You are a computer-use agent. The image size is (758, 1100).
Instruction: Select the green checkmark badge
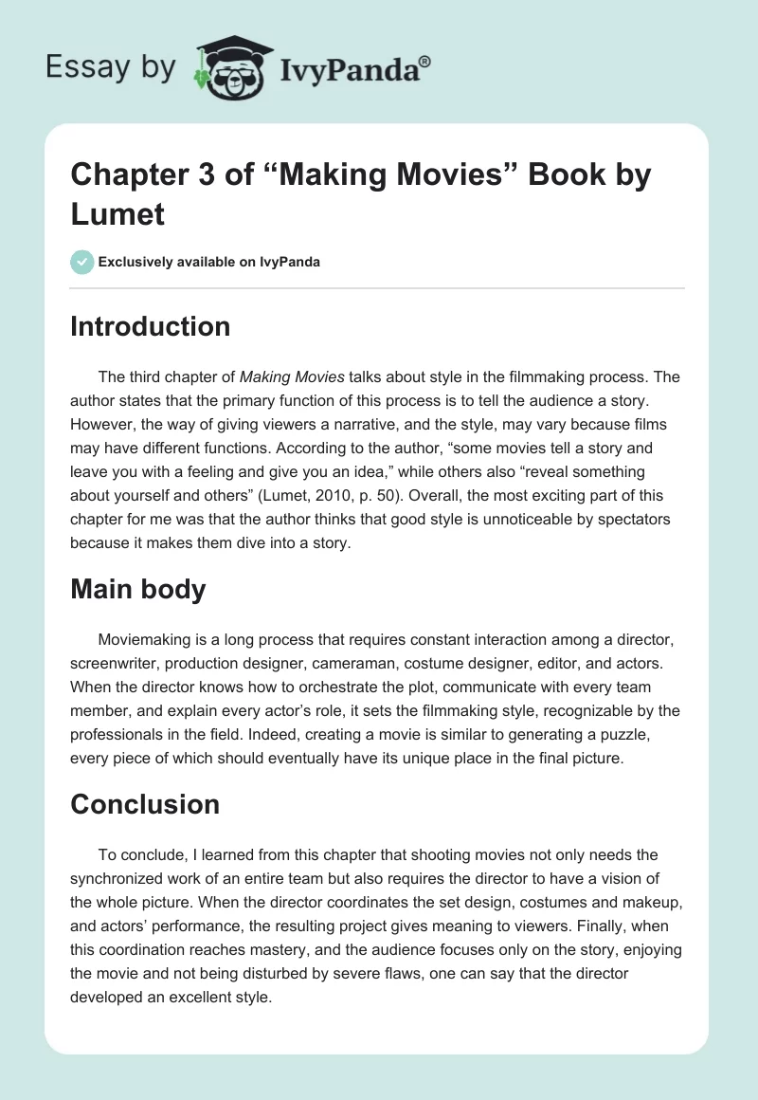click(82, 262)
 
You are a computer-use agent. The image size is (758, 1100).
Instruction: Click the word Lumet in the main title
click(118, 213)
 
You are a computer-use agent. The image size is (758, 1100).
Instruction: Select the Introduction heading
click(151, 326)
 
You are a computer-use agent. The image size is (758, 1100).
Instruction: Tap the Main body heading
click(138, 589)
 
